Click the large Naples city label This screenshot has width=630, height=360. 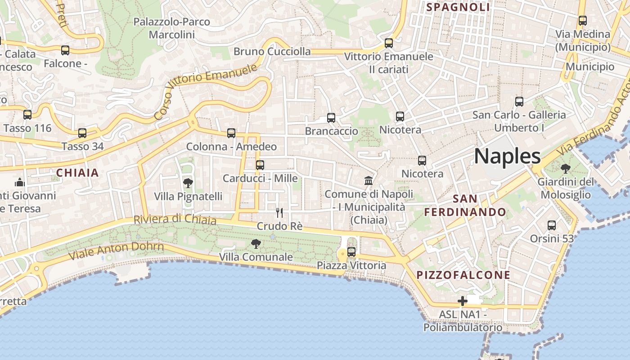pyautogui.click(x=507, y=156)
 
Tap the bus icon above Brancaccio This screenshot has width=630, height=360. pyautogui.click(x=331, y=118)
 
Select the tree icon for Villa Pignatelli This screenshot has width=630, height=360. pyautogui.click(x=188, y=183)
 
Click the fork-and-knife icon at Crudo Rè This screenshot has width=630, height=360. pyautogui.click(x=279, y=212)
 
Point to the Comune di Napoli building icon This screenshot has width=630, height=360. pyautogui.click(x=369, y=180)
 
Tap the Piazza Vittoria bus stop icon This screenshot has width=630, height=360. pyautogui.click(x=351, y=252)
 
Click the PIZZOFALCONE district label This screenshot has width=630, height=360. pyautogui.click(x=463, y=275)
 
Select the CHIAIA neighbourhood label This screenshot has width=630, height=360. pyautogui.click(x=77, y=173)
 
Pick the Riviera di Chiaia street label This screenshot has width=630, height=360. pyautogui.click(x=175, y=219)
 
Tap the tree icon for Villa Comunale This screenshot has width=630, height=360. pyautogui.click(x=256, y=244)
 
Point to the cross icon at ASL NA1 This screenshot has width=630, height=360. pyautogui.click(x=463, y=301)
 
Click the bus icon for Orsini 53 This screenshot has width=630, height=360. pyautogui.click(x=552, y=225)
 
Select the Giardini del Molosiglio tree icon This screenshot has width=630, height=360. pyautogui.click(x=565, y=169)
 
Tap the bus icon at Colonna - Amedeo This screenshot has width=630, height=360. pyautogui.click(x=231, y=133)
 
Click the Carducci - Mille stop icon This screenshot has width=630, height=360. pyautogui.click(x=260, y=165)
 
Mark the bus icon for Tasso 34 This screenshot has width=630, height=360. pyautogui.click(x=82, y=133)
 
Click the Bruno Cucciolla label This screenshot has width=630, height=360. pyautogui.click(x=272, y=51)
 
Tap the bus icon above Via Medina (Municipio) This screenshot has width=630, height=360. pyautogui.click(x=583, y=20)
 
